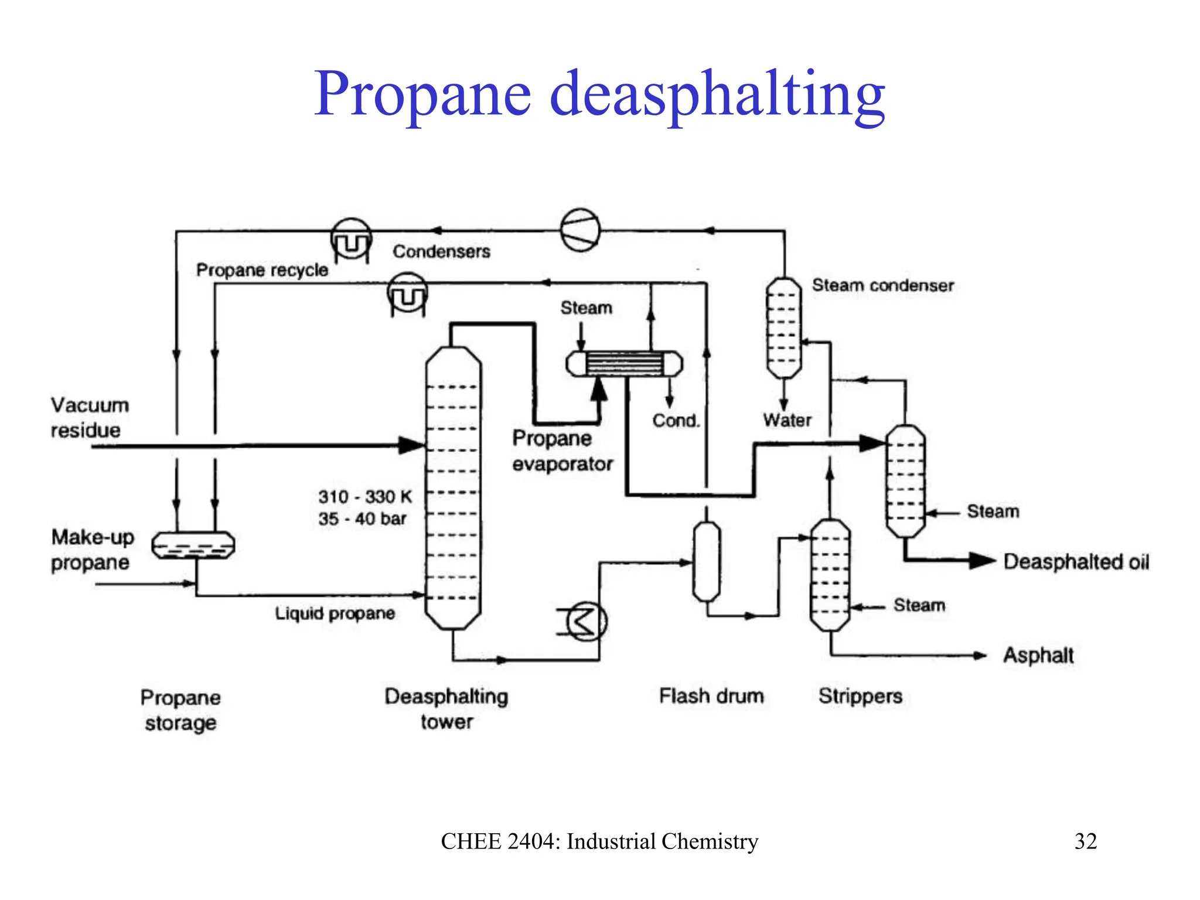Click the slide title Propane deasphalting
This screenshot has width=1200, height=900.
tap(599, 94)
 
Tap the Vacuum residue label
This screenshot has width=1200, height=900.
tap(89, 417)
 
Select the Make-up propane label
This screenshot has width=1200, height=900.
tap(93, 549)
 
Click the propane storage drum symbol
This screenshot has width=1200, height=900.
tap(193, 545)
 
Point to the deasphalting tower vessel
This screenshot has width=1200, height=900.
tap(453, 487)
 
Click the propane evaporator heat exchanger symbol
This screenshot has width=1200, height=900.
tap(624, 364)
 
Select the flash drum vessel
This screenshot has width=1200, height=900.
tap(707, 561)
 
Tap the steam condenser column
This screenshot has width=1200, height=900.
tap(784, 328)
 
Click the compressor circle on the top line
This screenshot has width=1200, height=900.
tap(580, 230)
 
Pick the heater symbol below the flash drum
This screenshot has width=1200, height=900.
tap(586, 621)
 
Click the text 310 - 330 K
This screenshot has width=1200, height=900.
tap(365, 496)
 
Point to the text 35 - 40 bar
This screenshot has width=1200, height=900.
tap(362, 519)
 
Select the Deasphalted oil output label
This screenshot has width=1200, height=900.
tap(1076, 561)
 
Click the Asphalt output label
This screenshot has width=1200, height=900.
tap(1038, 654)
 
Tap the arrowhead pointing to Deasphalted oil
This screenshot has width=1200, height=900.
tap(982, 561)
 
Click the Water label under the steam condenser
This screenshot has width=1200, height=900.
tap(787, 420)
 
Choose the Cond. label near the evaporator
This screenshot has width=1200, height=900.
tap(676, 420)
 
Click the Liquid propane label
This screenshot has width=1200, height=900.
tap(335, 613)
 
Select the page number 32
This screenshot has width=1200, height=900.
tap(1085, 841)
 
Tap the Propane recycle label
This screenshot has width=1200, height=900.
tap(262, 270)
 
